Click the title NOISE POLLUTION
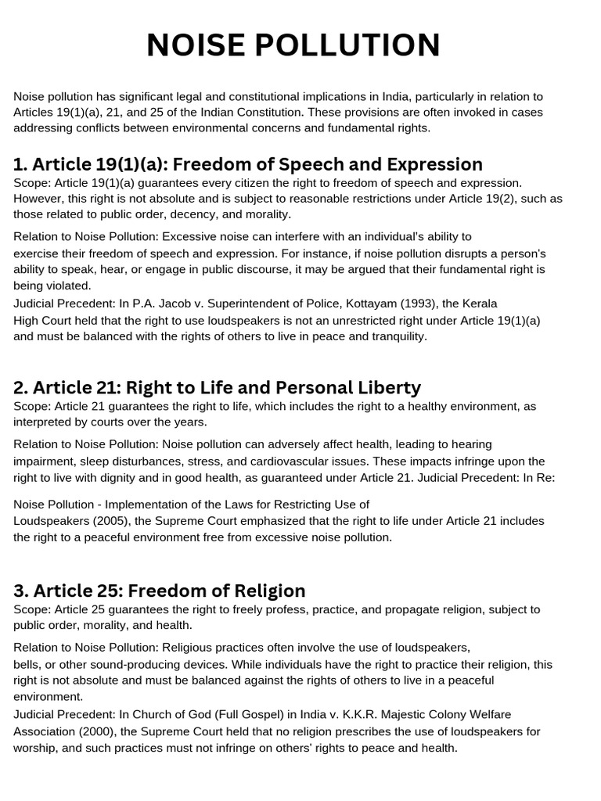(x=293, y=45)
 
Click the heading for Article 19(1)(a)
(x=248, y=164)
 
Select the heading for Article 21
(x=217, y=387)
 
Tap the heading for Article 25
(x=160, y=590)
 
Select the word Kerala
(x=478, y=303)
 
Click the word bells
(x=27, y=664)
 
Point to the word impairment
(x=45, y=462)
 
